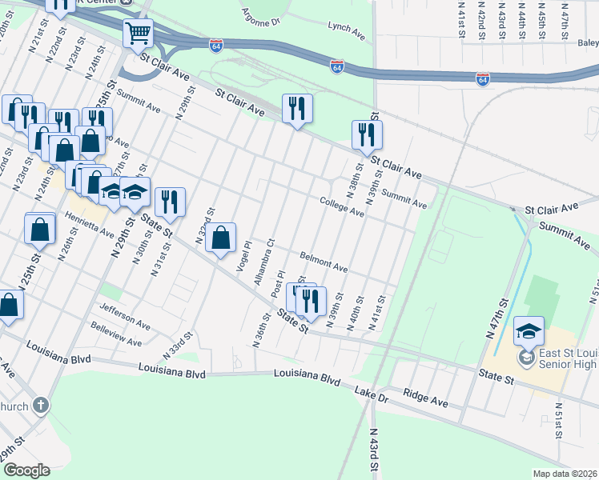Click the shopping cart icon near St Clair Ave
pyautogui.click(x=138, y=34)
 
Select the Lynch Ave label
pyautogui.click(x=346, y=27)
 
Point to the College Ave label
pyautogui.click(x=342, y=207)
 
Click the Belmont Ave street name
pyautogui.click(x=324, y=262)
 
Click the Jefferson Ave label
pyautogui.click(x=125, y=310)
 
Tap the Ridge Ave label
pyautogui.click(x=425, y=394)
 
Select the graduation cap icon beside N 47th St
pyautogui.click(x=529, y=330)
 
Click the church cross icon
pyautogui.click(x=41, y=405)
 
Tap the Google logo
pyautogui.click(x=26, y=470)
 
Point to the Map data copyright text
pyautogui.click(x=565, y=474)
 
